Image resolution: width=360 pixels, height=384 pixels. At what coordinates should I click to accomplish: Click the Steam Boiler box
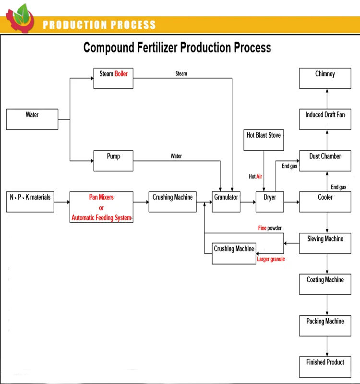(113, 78)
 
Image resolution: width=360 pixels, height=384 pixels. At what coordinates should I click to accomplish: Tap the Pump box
(113, 161)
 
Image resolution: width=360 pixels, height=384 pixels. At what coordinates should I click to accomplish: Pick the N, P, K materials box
(30, 202)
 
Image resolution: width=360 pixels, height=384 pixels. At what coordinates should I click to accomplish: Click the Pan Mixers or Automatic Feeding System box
(101, 207)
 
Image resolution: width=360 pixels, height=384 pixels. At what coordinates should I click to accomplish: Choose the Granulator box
(226, 202)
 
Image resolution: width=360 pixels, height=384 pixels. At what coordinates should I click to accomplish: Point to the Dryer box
(270, 202)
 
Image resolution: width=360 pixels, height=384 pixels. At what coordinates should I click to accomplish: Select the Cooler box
(325, 202)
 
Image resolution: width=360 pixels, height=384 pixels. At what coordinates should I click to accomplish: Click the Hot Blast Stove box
(264, 140)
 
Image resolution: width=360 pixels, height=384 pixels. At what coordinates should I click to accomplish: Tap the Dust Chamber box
(325, 161)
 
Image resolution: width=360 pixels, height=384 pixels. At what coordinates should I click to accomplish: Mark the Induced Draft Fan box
(325, 120)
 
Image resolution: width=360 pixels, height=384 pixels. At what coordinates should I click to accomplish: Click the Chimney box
(325, 78)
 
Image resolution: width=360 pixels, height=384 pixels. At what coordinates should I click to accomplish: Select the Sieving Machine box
(325, 243)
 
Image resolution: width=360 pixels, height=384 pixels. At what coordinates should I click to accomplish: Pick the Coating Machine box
(325, 284)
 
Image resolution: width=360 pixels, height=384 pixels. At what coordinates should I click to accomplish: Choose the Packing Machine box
(325, 325)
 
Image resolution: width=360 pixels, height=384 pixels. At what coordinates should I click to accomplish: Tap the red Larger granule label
(271, 259)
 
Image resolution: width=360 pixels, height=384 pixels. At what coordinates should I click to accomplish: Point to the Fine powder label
(270, 228)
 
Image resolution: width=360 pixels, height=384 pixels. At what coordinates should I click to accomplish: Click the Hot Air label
(255, 177)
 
